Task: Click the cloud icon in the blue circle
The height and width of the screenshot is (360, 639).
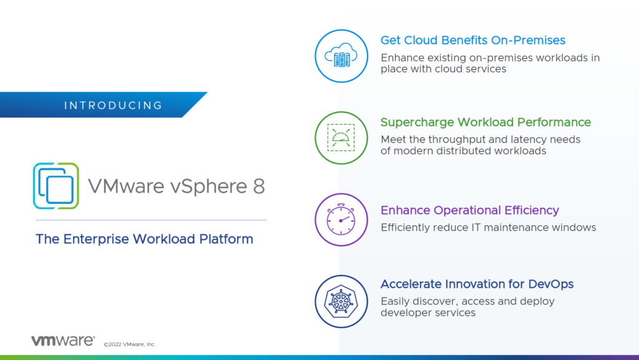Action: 341,56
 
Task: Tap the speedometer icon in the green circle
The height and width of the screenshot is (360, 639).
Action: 341,138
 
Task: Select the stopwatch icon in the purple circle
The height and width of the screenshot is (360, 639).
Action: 341,220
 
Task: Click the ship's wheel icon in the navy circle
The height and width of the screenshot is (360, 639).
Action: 341,301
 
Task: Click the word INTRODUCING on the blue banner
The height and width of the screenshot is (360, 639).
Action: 114,105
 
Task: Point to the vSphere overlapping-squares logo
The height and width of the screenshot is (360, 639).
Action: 56,186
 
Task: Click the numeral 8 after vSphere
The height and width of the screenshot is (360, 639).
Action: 259,186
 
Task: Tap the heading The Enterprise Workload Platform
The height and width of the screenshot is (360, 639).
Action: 144,239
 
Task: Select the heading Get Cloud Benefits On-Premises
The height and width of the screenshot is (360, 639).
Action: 473,41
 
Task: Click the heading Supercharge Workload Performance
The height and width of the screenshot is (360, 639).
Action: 485,122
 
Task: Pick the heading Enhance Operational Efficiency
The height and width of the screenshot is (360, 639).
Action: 469,210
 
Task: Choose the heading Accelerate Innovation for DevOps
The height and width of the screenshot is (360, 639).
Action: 477,284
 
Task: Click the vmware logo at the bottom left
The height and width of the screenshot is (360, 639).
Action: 63,341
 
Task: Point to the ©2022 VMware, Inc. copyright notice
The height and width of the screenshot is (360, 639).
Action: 130,344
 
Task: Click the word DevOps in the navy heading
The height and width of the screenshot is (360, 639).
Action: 551,284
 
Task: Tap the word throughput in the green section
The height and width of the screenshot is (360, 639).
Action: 457,140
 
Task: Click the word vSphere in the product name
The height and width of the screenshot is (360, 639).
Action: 208,187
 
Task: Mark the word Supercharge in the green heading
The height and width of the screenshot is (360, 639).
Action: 417,122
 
